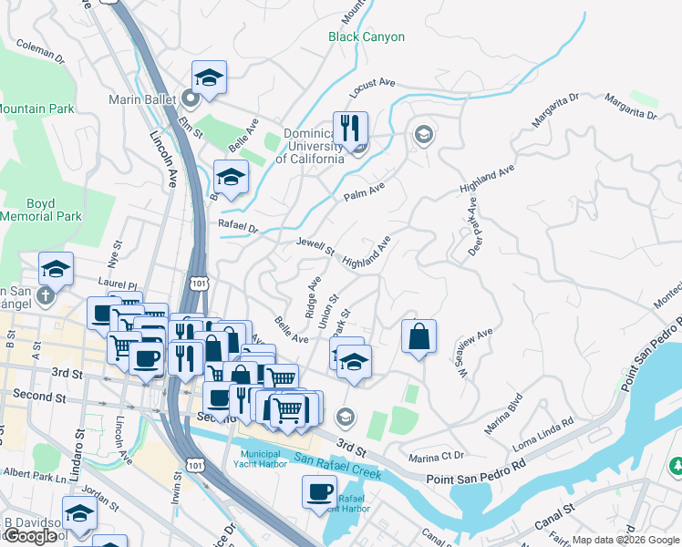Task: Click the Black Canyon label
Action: click(x=367, y=37)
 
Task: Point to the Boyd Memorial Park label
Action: click(x=41, y=211)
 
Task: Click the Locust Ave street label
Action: click(x=372, y=88)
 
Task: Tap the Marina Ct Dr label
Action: click(x=437, y=455)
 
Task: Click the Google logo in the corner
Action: click(x=29, y=536)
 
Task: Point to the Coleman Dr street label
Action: click(x=41, y=52)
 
